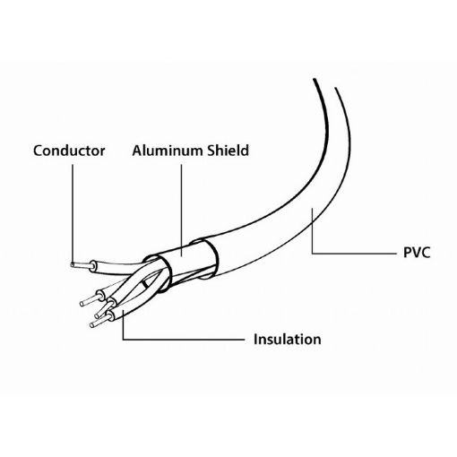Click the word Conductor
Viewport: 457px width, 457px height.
(69, 151)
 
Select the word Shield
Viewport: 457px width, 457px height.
(228, 151)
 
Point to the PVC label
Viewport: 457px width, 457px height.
(417, 253)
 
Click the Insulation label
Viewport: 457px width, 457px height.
(288, 340)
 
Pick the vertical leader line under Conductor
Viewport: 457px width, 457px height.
(73, 214)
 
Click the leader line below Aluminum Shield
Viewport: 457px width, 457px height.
(182, 211)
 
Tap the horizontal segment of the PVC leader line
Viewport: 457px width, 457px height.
(354, 254)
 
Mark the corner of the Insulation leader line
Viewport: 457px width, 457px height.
(124, 340)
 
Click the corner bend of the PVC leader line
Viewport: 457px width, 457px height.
(313, 254)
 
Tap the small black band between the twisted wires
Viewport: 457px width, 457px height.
(145, 284)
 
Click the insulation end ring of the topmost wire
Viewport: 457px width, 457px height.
(93, 266)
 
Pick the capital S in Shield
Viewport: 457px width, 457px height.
(211, 151)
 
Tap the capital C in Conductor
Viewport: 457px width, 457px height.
(38, 151)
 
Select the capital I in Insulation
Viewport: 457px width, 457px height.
(255, 340)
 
